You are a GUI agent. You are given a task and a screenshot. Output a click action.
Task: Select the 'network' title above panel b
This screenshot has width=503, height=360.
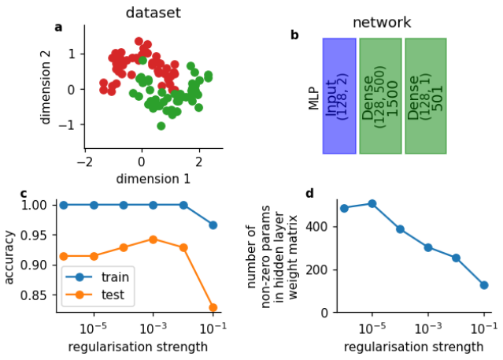pos(381,22)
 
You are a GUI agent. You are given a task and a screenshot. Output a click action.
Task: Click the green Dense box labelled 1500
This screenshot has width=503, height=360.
pos(381,95)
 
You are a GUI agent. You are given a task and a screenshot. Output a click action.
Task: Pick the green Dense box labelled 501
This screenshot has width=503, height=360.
pos(425,95)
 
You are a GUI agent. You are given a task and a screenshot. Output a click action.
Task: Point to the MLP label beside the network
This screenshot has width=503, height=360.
pos(313,95)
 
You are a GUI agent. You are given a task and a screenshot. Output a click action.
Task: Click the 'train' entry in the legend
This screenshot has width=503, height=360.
pos(114,276)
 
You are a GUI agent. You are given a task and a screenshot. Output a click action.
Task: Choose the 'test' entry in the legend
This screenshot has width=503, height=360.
pos(112,295)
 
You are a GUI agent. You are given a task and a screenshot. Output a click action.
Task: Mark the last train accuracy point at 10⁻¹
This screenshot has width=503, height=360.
pos(213,225)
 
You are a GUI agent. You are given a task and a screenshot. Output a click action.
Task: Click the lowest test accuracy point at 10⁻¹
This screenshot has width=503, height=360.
pos(213,307)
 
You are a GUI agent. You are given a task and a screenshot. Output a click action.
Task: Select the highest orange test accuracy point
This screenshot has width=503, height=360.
pos(153,239)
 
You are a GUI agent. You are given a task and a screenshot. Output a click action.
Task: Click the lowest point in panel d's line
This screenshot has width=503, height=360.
pos(484,285)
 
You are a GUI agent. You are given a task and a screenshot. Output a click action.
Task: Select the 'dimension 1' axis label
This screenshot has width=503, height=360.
pos(153,179)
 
